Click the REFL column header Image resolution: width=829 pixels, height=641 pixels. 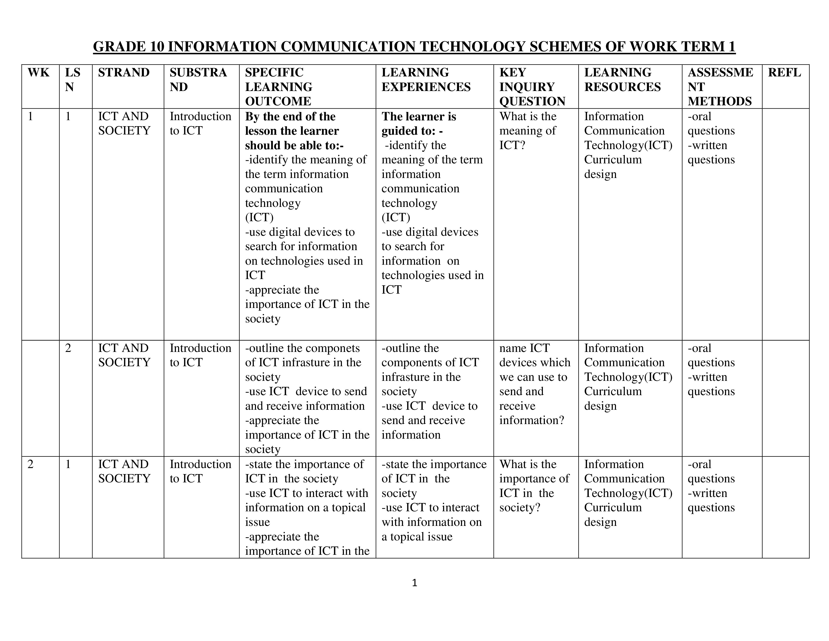[x=784, y=73]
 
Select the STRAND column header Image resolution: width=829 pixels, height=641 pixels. [x=124, y=73]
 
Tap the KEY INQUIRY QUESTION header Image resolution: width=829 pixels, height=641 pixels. [x=532, y=87]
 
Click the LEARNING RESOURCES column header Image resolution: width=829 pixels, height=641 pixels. [x=622, y=80]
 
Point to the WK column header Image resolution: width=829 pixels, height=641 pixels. [x=38, y=73]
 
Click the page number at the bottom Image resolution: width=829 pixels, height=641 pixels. [x=414, y=583]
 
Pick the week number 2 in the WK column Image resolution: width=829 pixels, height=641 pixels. [x=31, y=464]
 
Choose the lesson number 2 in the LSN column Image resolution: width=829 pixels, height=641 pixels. [x=68, y=348]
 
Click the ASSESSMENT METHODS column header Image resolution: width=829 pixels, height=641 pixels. [x=720, y=87]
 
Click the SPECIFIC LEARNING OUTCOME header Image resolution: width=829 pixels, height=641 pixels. [x=279, y=87]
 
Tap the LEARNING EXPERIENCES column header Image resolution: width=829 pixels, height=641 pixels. [x=426, y=80]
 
